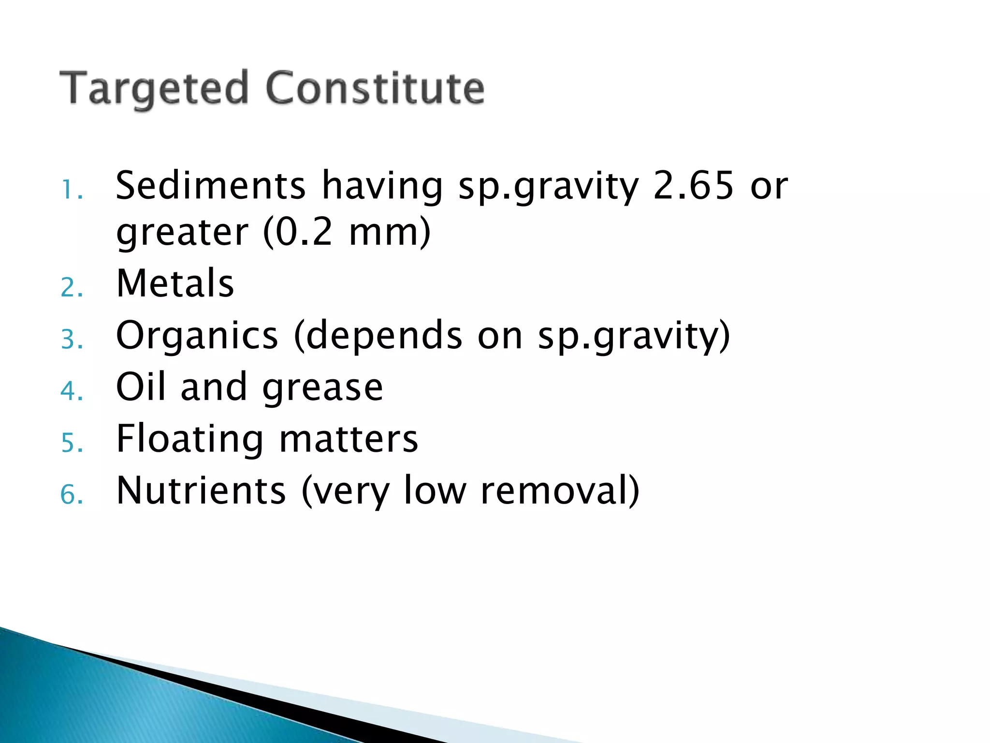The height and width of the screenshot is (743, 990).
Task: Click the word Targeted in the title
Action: [154, 89]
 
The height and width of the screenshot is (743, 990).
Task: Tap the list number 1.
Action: [72, 190]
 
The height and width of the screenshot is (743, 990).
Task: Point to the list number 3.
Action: [72, 340]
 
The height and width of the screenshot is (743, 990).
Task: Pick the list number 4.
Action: [72, 391]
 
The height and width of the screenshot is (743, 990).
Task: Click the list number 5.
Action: [72, 443]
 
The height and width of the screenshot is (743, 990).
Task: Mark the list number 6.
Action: [72, 495]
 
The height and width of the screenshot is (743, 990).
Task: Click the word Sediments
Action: [211, 185]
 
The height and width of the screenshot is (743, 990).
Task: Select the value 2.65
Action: [693, 185]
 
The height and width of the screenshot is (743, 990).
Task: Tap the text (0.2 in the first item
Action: [298, 232]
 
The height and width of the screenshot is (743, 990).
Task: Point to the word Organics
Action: [197, 336]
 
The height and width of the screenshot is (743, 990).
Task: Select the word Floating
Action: [190, 439]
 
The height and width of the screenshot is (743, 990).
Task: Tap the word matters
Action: [349, 439]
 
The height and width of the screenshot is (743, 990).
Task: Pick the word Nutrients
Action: [201, 490]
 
